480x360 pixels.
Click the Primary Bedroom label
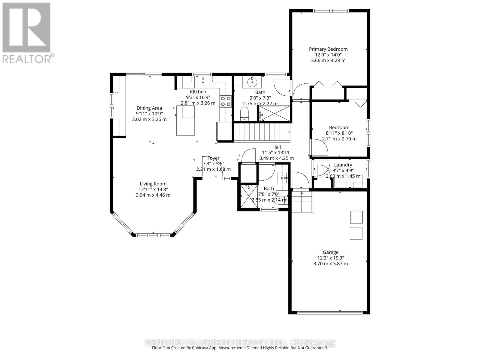pyautogui.click(x=328, y=49)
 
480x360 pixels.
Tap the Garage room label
pyautogui.click(x=330, y=252)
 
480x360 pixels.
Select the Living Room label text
pyautogui.click(x=153, y=184)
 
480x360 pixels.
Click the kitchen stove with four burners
pyautogui.click(x=226, y=101)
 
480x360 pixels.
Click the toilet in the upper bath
pyautogui.click(x=245, y=114)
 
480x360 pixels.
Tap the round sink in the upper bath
pyautogui.click(x=252, y=81)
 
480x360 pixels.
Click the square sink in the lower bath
pyautogui.click(x=282, y=178)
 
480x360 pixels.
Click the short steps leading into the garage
pyautogui.click(x=302, y=201)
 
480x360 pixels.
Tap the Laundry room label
pyautogui.click(x=343, y=165)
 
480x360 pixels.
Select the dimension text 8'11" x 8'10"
pyautogui.click(x=339, y=133)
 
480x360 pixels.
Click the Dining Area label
pyautogui.click(x=149, y=108)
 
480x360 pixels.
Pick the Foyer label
pyautogui.click(x=213, y=158)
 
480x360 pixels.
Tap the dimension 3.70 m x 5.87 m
pyautogui.click(x=331, y=263)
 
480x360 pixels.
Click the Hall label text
pyautogui.click(x=277, y=147)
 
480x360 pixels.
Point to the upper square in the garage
pyautogui.click(x=356, y=217)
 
